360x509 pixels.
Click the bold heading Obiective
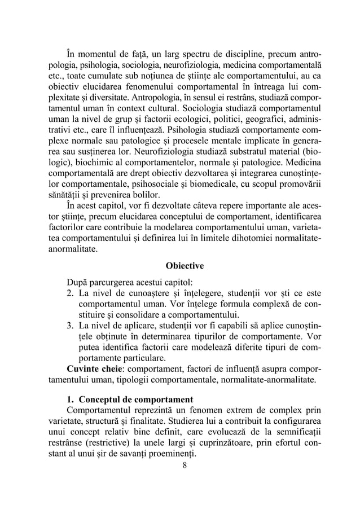185,265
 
